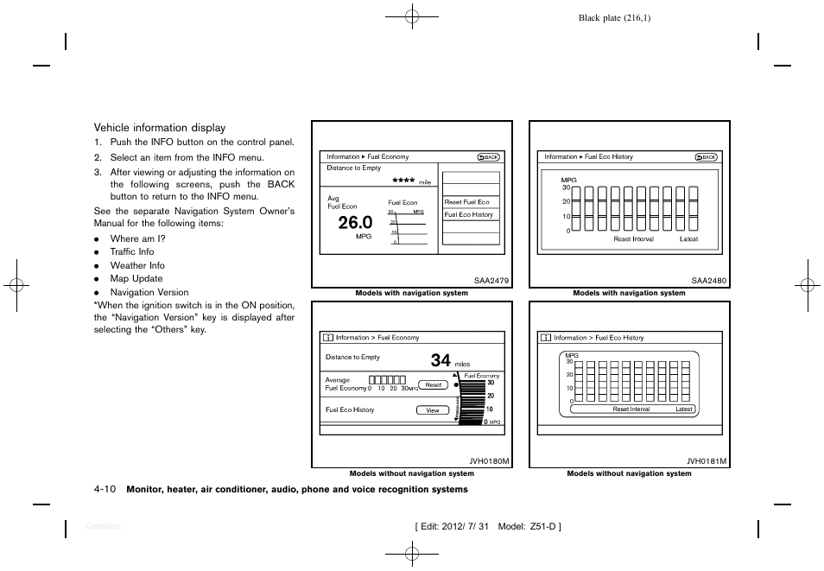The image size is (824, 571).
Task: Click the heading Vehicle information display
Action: point(159,128)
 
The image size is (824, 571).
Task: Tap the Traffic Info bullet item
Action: point(131,252)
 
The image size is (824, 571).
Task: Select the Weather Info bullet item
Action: point(136,265)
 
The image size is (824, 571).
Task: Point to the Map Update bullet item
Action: point(136,278)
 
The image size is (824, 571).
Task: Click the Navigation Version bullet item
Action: point(149,292)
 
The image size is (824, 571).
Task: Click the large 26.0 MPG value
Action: point(355,222)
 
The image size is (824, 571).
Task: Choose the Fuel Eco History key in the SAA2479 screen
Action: point(470,215)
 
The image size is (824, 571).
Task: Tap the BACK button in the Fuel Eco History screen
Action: point(706,157)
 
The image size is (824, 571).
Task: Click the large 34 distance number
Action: point(441,360)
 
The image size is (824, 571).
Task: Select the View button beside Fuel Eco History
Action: point(433,410)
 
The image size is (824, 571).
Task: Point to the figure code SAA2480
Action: point(708,280)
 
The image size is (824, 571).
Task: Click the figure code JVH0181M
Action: point(707,461)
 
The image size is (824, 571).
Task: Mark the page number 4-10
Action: point(105,489)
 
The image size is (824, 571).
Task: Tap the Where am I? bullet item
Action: point(137,238)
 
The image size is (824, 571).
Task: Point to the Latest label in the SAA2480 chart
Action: point(688,239)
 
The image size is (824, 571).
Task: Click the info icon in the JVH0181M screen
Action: point(546,338)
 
